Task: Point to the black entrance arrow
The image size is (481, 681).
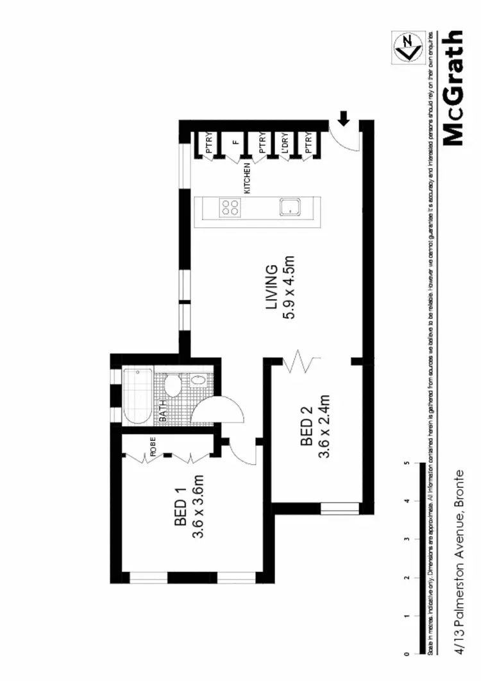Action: tap(344, 118)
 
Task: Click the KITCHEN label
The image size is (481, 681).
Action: tap(247, 178)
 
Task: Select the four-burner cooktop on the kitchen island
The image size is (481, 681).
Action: tap(230, 207)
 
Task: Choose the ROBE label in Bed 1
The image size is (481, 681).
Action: tap(153, 446)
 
